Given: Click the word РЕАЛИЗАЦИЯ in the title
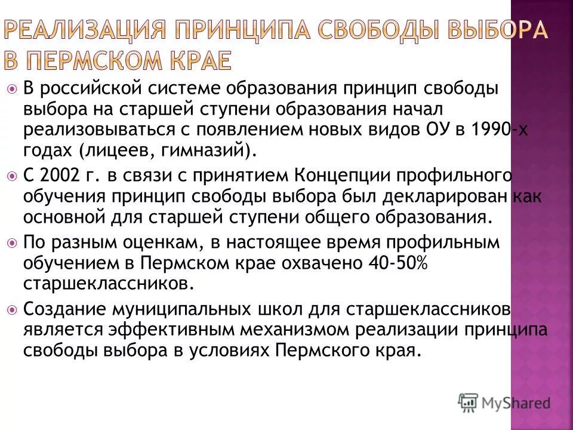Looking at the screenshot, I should [x=84, y=29].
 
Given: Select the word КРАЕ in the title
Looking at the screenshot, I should [x=201, y=60].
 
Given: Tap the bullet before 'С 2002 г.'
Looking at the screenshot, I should [x=13, y=177].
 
